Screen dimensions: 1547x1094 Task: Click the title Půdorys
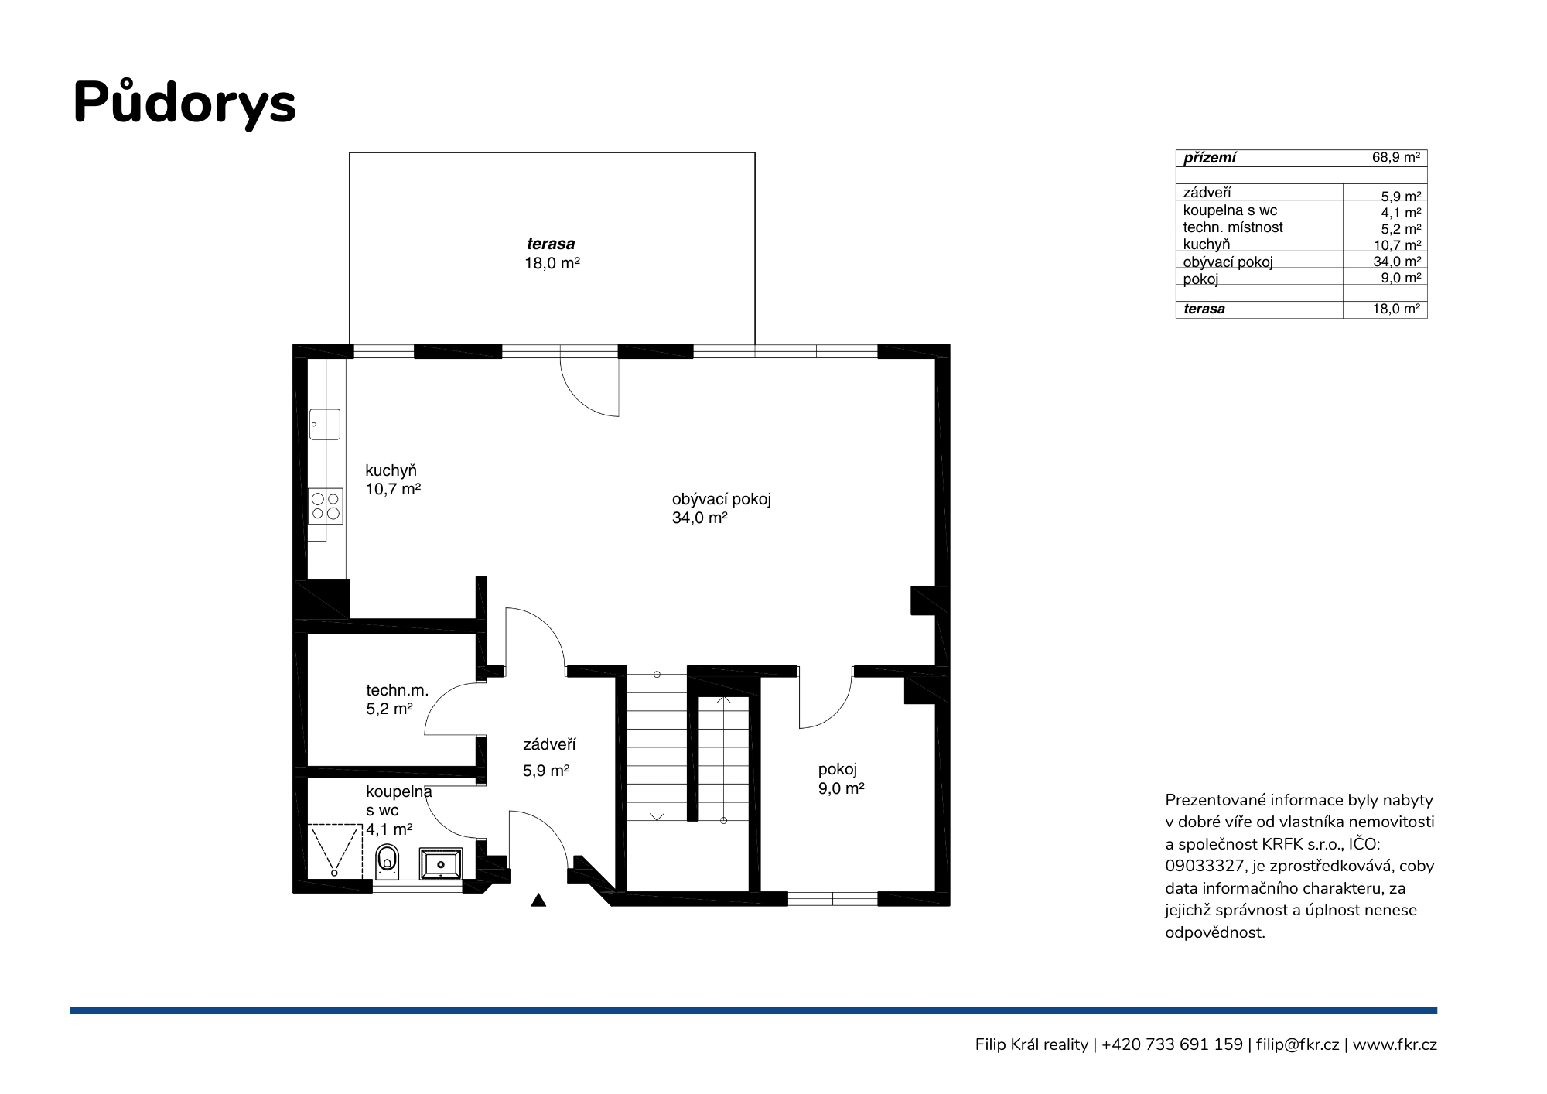185,103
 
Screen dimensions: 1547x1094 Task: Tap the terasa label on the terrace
551,244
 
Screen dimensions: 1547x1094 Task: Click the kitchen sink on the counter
325,424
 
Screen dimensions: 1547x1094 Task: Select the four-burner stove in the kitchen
325,505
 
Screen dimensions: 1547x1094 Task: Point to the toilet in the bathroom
387,861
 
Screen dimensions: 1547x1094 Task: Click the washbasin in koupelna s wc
441,863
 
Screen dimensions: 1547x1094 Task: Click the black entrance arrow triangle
538,900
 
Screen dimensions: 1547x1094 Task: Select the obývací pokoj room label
722,500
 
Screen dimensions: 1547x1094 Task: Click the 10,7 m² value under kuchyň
393,489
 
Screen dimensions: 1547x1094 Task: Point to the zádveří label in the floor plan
549,744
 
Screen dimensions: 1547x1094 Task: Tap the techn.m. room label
397,690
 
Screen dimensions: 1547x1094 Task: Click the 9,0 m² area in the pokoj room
841,788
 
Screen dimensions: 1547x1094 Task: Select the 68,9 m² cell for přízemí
1396,157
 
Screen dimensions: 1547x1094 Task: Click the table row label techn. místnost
1233,227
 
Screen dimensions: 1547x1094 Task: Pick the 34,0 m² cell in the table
1397,262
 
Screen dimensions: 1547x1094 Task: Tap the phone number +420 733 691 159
1172,1044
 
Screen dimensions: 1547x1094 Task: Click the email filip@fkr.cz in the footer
1297,1044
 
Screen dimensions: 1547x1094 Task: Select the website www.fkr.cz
1395,1045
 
